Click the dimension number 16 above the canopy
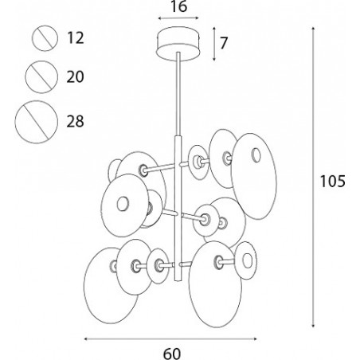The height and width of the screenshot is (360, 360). [x=179, y=6]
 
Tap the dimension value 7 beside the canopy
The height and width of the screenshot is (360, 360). [x=224, y=43]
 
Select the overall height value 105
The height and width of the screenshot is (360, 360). [x=332, y=182]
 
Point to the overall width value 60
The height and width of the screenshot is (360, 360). [x=172, y=354]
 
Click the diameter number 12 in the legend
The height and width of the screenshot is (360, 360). [x=76, y=37]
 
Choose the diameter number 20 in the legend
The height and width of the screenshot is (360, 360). [x=75, y=77]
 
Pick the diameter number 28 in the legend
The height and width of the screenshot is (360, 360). [x=75, y=121]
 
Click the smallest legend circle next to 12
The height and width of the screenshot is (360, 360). [x=45, y=25]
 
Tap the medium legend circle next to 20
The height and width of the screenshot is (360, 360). [x=41, y=61]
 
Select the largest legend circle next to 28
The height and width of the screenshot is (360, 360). [x=36, y=100]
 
